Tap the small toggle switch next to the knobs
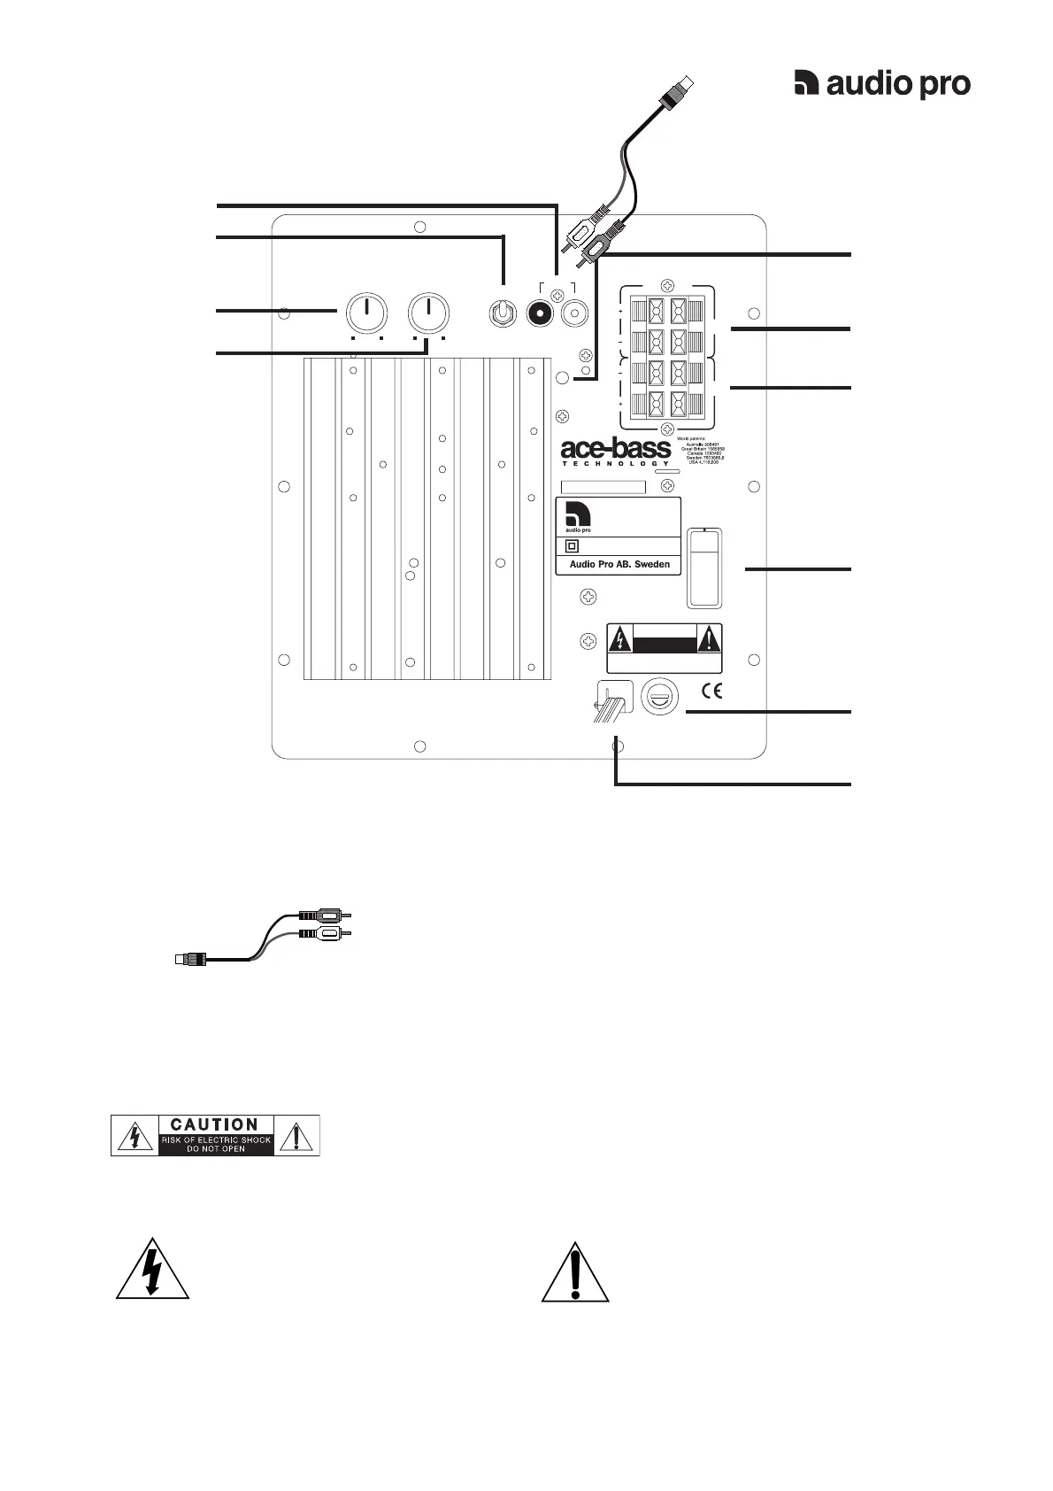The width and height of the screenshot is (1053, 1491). coord(503,313)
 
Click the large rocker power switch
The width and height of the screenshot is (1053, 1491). coord(704,568)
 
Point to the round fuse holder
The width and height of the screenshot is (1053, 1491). coord(659,695)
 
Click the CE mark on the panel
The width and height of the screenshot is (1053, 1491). coord(711,691)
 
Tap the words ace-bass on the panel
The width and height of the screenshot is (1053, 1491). coord(616,448)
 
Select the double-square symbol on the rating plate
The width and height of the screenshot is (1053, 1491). coord(572,546)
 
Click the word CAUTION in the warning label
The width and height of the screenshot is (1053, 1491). coord(215,1124)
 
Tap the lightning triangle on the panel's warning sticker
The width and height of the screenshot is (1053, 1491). coord(622,638)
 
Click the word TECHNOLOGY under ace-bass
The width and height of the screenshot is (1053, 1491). coord(616,463)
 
